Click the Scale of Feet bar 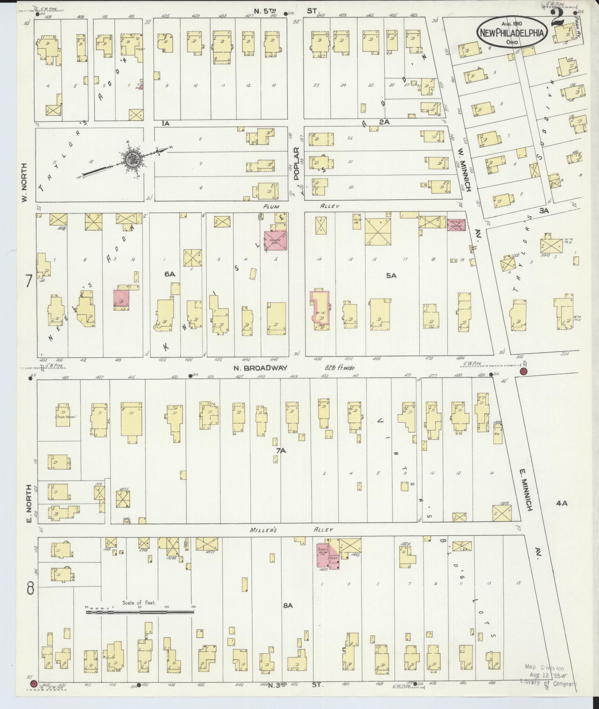(x=140, y=612)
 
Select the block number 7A (x=281, y=450)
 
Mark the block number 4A (x=562, y=503)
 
